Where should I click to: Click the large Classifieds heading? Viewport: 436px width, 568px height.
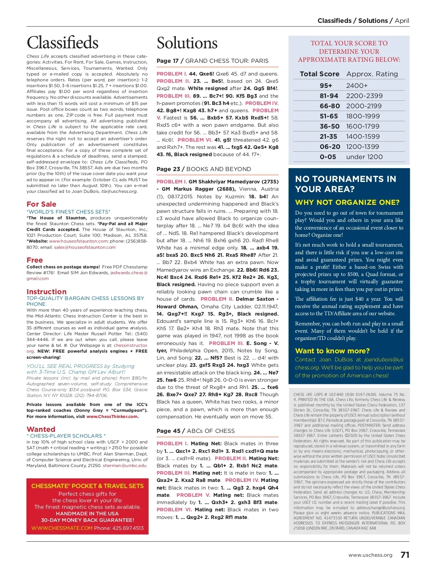click(x=62, y=42)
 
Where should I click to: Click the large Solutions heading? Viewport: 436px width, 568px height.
click(x=187, y=43)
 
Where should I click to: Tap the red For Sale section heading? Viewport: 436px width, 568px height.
click(x=41, y=204)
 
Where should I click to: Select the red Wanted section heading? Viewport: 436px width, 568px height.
click(x=41, y=429)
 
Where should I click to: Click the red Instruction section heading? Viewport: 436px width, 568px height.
click(x=47, y=292)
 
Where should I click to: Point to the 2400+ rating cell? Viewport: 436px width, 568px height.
click(x=357, y=86)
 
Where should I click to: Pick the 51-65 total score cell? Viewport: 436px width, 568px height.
click(x=328, y=116)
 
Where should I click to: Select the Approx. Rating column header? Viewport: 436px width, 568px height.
click(x=372, y=74)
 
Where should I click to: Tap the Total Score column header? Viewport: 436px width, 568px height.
click(x=319, y=74)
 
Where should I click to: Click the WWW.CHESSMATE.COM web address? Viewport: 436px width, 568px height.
click(x=62, y=528)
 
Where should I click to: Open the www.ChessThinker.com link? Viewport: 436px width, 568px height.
click(x=112, y=417)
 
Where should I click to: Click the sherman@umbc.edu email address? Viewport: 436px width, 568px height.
click(x=125, y=465)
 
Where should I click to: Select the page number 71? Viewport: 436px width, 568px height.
click(x=405, y=555)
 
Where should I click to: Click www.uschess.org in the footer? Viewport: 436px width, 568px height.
click(x=370, y=555)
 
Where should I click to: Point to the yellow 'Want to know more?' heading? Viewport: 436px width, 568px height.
click(x=332, y=351)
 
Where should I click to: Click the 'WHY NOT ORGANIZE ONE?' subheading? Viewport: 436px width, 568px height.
click(x=347, y=202)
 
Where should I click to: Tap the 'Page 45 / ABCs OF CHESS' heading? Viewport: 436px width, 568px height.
click(x=195, y=431)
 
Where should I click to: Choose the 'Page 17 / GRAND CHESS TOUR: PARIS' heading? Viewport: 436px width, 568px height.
click(x=212, y=61)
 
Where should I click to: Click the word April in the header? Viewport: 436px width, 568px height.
click(x=402, y=21)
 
